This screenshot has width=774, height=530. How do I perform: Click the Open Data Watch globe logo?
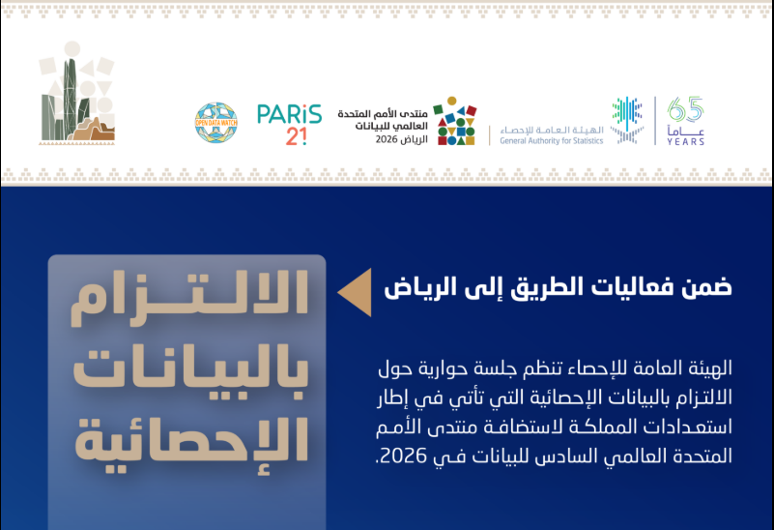[215, 123]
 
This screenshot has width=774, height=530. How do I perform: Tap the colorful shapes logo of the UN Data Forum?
[456, 121]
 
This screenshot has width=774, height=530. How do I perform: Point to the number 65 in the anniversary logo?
[685, 109]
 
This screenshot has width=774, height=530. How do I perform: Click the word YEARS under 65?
[685, 142]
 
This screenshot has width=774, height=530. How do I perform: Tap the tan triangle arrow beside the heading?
[354, 288]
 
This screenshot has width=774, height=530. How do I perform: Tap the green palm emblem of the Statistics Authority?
[627, 121]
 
